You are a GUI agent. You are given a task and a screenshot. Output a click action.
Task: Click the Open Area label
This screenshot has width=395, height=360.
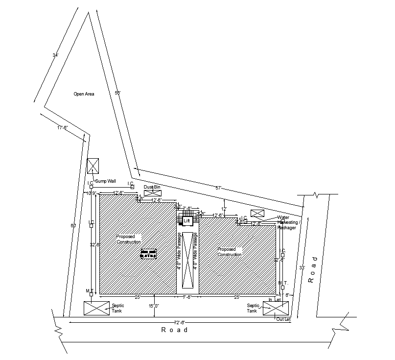pos(84,94)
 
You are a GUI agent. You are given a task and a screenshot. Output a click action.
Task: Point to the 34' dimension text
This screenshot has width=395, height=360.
pos(55,55)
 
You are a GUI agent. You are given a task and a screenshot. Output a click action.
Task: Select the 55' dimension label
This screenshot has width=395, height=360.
pos(117,93)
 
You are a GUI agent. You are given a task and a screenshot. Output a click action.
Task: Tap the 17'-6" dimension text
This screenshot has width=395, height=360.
pos(62,127)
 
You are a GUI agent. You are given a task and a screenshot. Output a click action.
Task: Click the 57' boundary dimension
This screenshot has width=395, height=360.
pos(219,188)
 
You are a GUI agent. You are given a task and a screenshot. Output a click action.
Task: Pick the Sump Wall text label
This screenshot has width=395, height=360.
pos(105,181)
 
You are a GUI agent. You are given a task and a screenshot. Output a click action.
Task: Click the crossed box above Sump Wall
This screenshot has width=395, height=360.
pos(93,166)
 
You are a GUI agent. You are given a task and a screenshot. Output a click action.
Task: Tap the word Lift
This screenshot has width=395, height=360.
pos(186,221)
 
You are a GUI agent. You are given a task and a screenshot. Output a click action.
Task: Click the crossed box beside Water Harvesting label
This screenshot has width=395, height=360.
pos(257,213)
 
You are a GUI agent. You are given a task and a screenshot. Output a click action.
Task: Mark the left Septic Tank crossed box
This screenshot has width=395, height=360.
pos(96,308)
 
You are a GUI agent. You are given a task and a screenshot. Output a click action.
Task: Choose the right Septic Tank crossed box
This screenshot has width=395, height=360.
pos(276,308)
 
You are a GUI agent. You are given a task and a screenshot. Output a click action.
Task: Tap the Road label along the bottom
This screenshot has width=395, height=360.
pos(175,330)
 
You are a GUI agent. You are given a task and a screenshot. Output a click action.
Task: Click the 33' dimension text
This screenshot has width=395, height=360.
pos(302,268)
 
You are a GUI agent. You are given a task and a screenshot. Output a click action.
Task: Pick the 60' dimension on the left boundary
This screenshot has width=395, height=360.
pos(73,225)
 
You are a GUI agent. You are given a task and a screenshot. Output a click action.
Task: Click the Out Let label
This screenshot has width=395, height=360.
pos(283,319)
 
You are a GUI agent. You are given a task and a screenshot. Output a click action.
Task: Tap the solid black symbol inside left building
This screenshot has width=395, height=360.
pos(148,253)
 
